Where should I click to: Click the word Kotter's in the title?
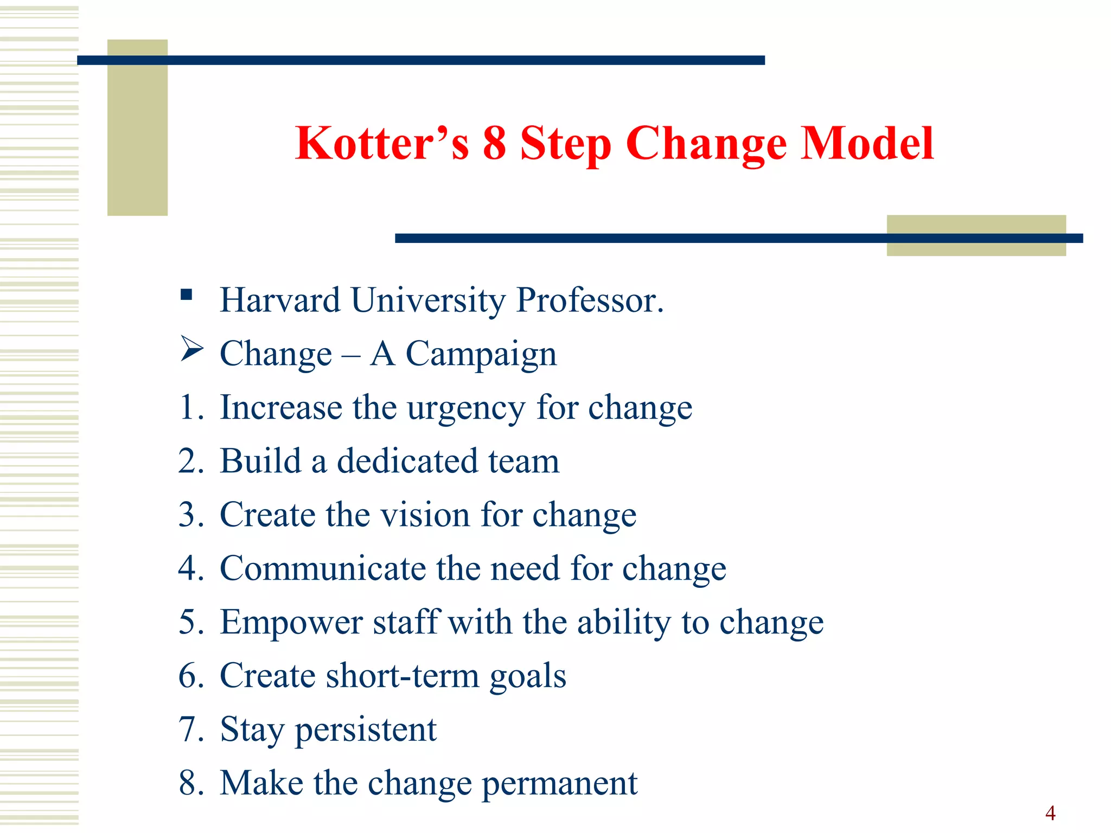tap(382, 143)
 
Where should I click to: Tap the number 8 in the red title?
tap(494, 143)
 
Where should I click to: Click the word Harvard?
tap(280, 300)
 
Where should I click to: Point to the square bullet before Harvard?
tap(187, 294)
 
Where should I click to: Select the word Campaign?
tap(481, 355)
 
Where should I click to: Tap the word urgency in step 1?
tap(466, 408)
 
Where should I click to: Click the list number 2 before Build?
tap(188, 461)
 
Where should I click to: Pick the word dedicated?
tap(407, 461)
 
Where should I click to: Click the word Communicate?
tap(323, 568)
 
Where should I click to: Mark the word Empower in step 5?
tap(291, 622)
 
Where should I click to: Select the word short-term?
tap(403, 676)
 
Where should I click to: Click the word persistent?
tap(366, 729)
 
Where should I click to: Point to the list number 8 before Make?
tap(188, 783)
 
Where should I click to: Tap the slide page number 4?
tap(1050, 813)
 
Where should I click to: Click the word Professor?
tap(590, 300)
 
